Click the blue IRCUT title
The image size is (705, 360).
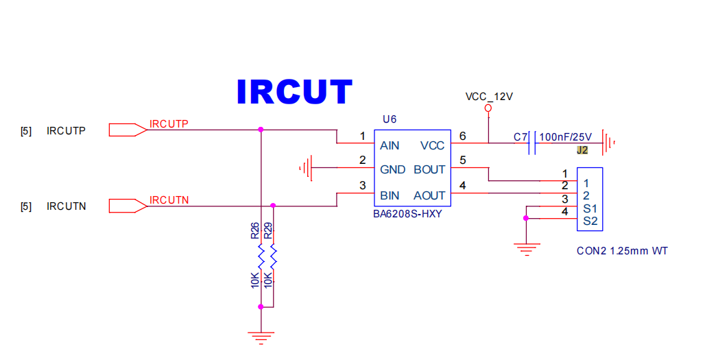click(294, 92)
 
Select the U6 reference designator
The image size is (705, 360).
click(390, 119)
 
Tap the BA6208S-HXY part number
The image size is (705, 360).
click(407, 214)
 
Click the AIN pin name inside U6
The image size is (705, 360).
click(390, 145)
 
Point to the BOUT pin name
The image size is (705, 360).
click(429, 169)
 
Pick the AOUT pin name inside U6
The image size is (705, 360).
click(429, 195)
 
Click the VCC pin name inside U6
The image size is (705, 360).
click(432, 145)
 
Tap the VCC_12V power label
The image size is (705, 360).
click(489, 97)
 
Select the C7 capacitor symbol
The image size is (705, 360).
click(532, 143)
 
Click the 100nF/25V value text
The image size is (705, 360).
click(565, 137)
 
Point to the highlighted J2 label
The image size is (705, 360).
click(582, 150)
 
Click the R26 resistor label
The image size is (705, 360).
click(255, 230)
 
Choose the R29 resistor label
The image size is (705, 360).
click(268, 230)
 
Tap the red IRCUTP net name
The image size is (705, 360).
click(169, 124)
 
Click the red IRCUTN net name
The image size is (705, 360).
click(169, 200)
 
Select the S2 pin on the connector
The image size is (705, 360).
click(590, 221)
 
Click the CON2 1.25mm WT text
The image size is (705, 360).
click(622, 251)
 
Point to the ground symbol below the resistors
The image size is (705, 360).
click(261, 337)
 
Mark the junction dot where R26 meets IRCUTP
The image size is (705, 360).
click(261, 130)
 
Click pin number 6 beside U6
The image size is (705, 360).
click(462, 136)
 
